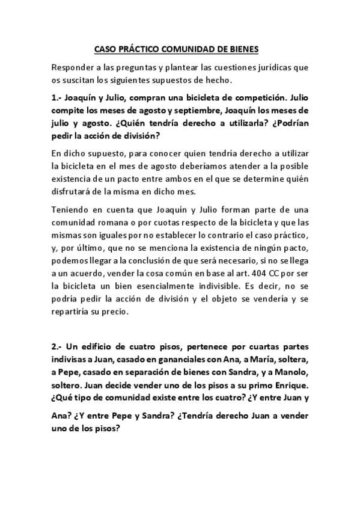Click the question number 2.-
pos(58,346)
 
